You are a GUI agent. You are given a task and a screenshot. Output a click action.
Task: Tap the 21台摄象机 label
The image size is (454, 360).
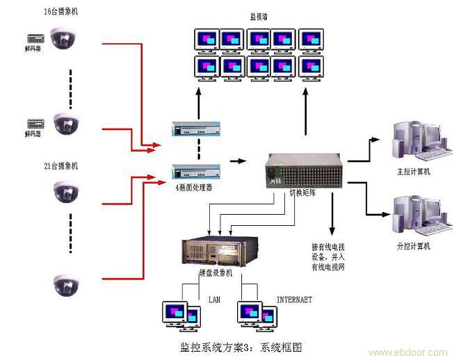[61, 166]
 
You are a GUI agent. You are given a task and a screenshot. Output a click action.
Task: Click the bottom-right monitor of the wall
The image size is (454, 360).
[311, 68]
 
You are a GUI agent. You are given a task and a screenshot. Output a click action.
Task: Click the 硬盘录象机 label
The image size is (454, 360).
[216, 274]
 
